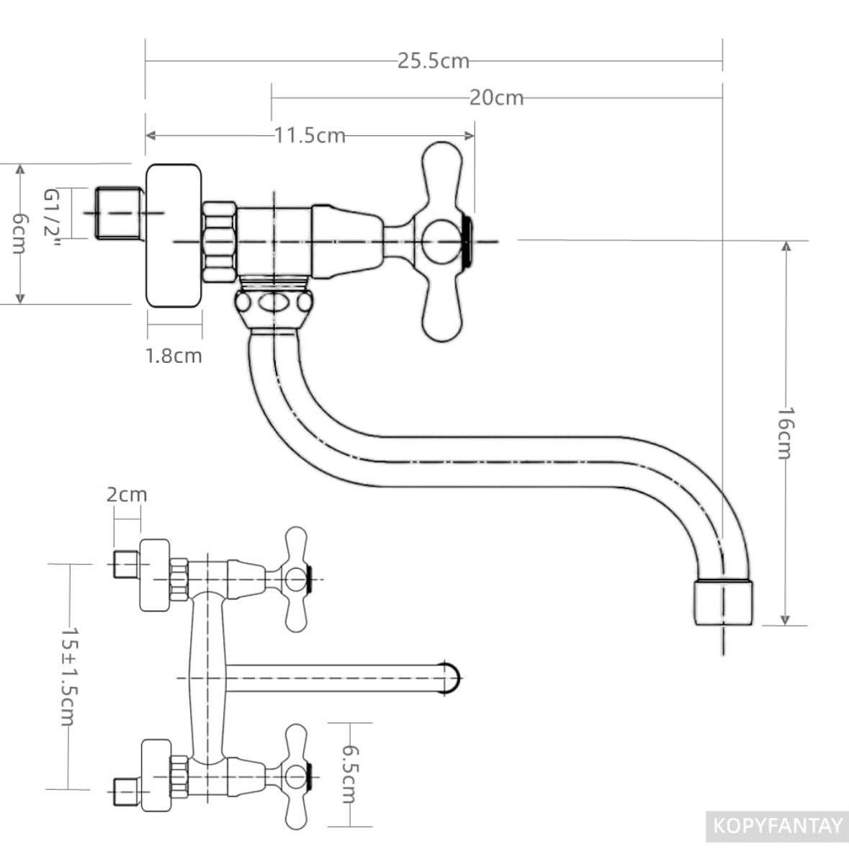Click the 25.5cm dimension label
(434, 60)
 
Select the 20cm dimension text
(496, 97)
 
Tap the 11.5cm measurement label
(310, 135)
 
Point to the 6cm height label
(19, 233)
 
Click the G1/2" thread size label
(51, 219)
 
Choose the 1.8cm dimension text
(174, 356)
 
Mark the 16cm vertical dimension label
(785, 434)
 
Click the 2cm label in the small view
(126, 494)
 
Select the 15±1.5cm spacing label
(69, 676)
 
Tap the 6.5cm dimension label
(349, 774)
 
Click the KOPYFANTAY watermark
(778, 826)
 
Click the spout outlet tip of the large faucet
(724, 603)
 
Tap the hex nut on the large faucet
(220, 241)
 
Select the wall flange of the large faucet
(174, 235)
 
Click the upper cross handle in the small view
(296, 580)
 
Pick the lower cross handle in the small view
(296, 777)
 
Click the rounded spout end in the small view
(452, 678)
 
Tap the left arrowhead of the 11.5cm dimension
(151, 135)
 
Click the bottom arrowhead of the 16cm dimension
(785, 619)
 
